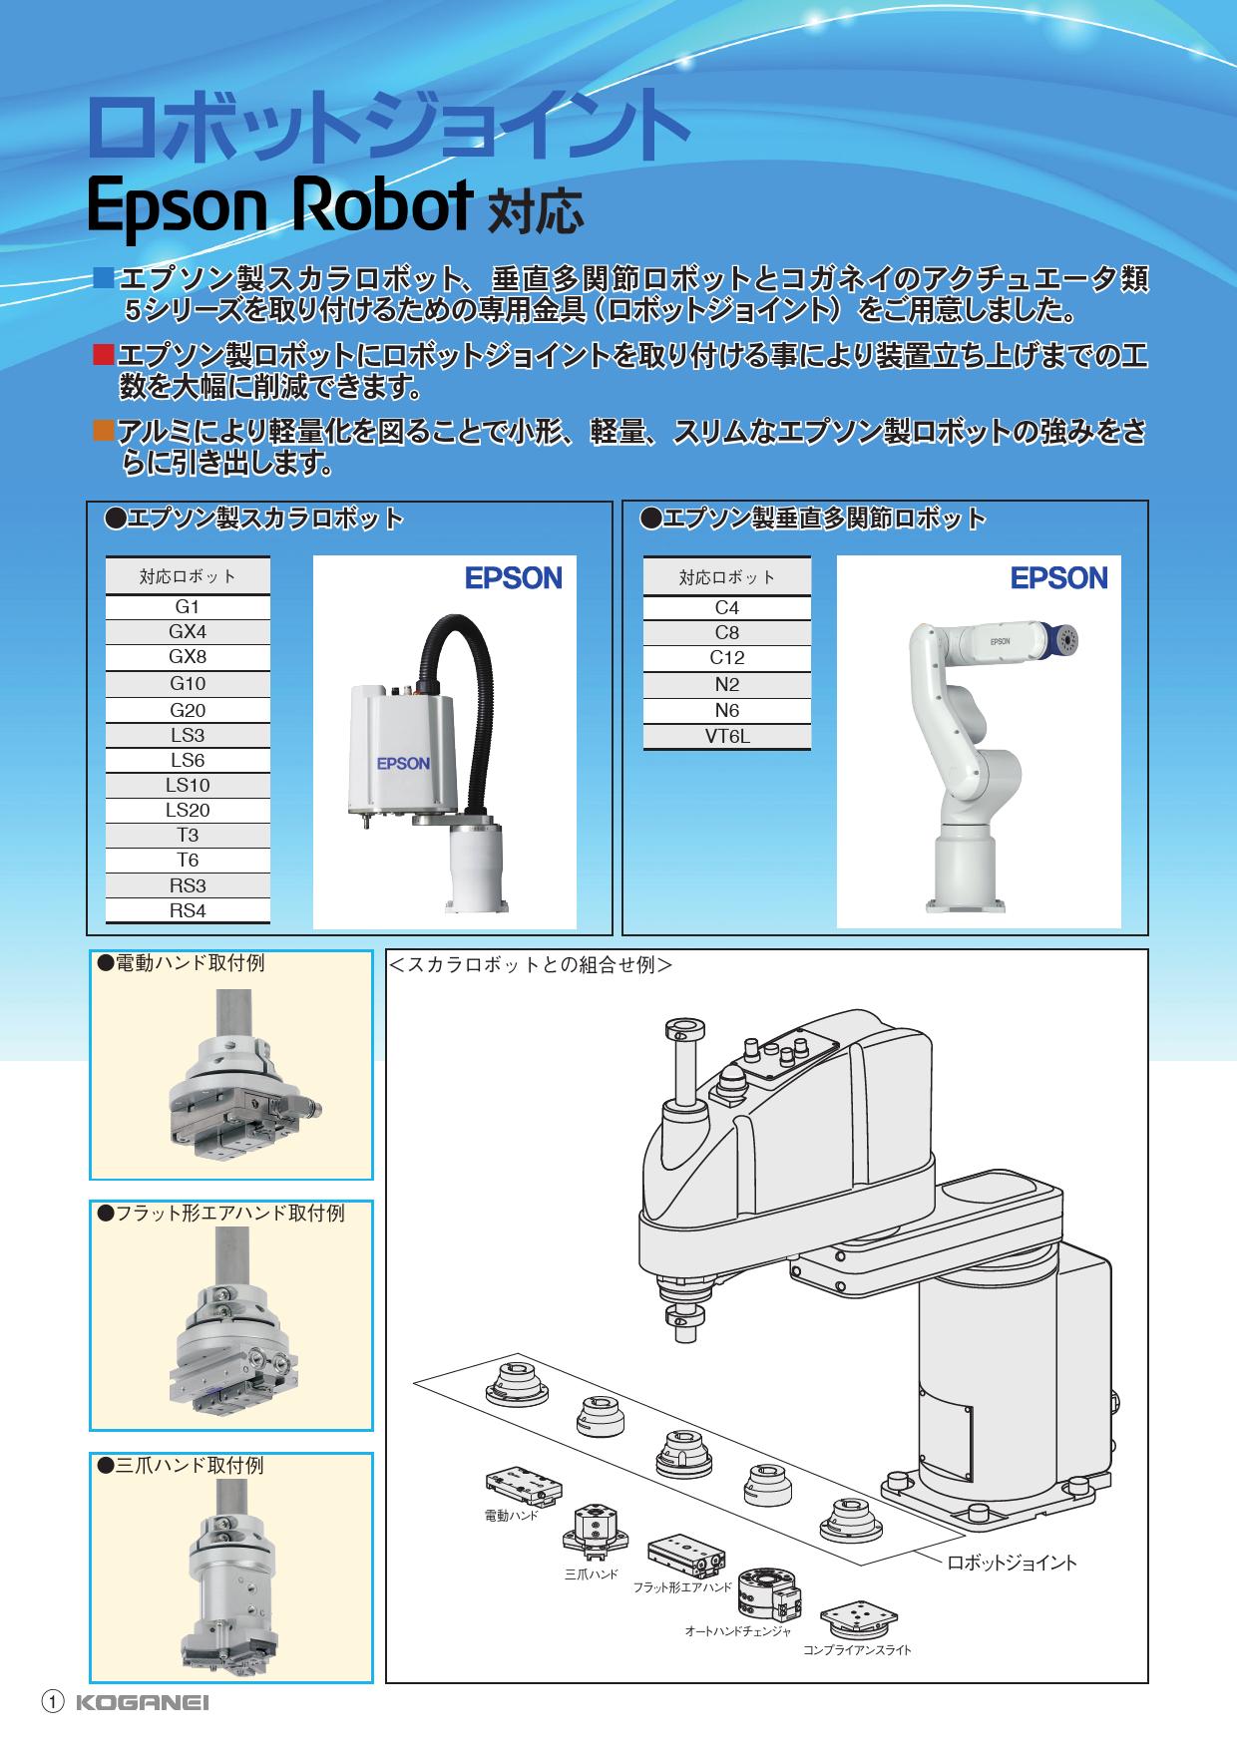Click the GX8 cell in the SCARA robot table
click(188, 657)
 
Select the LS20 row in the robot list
click(188, 811)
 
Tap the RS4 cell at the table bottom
click(188, 910)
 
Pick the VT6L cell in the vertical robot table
click(727, 737)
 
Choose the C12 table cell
click(727, 658)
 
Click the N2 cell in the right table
click(727, 685)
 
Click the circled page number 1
click(53, 1703)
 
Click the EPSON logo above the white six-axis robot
click(1059, 578)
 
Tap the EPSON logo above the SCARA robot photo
click(514, 578)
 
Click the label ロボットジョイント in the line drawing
click(1012, 1563)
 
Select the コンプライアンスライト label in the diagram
click(858, 1650)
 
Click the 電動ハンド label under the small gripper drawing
click(511, 1516)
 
